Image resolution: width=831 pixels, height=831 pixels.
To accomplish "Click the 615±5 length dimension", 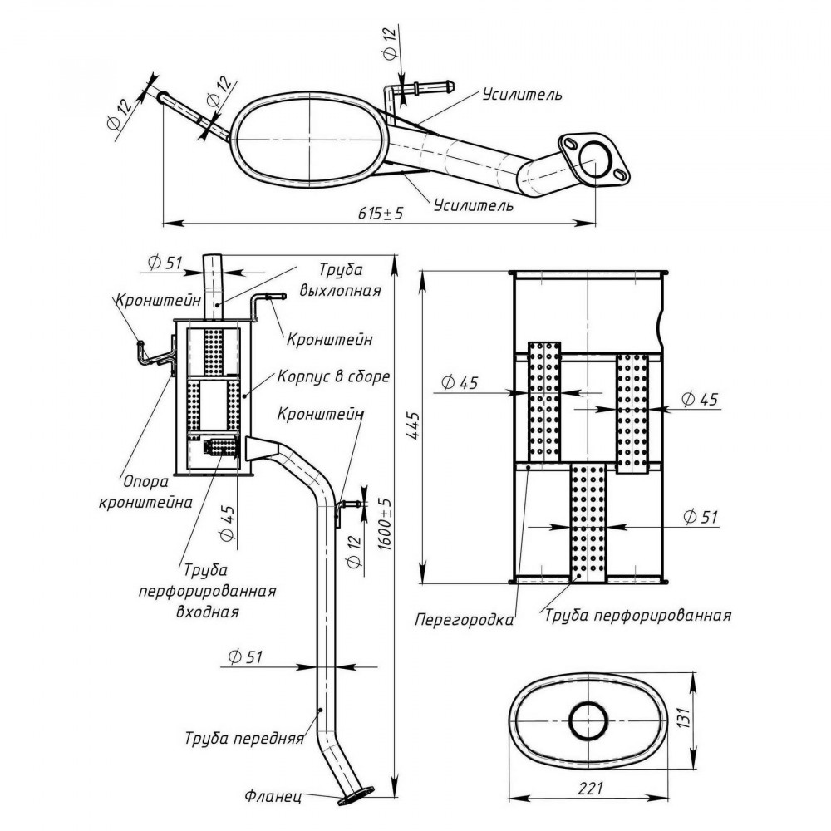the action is [381, 213].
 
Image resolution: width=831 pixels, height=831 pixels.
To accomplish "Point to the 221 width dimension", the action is [590, 788].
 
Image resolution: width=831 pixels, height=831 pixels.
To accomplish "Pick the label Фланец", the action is [273, 796].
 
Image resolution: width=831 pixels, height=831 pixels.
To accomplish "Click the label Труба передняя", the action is [244, 738].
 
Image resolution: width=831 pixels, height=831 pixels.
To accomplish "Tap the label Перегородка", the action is [465, 620].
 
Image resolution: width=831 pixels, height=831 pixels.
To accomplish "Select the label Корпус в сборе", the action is [333, 376].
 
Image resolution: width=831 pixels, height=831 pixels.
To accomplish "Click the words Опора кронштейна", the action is [145, 491].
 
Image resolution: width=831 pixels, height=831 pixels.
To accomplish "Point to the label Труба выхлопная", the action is [340, 280].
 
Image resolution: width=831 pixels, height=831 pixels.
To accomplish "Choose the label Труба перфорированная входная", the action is [207, 591].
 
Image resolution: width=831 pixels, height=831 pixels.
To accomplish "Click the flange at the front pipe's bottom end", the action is [356, 797].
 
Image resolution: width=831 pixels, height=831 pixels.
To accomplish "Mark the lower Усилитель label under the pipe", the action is [474, 204].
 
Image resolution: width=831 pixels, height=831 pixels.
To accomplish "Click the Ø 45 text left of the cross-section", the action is [460, 382].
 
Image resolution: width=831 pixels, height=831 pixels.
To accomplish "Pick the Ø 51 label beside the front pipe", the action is [245, 657].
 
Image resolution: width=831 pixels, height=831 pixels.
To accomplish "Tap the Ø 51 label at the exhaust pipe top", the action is [165, 263].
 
